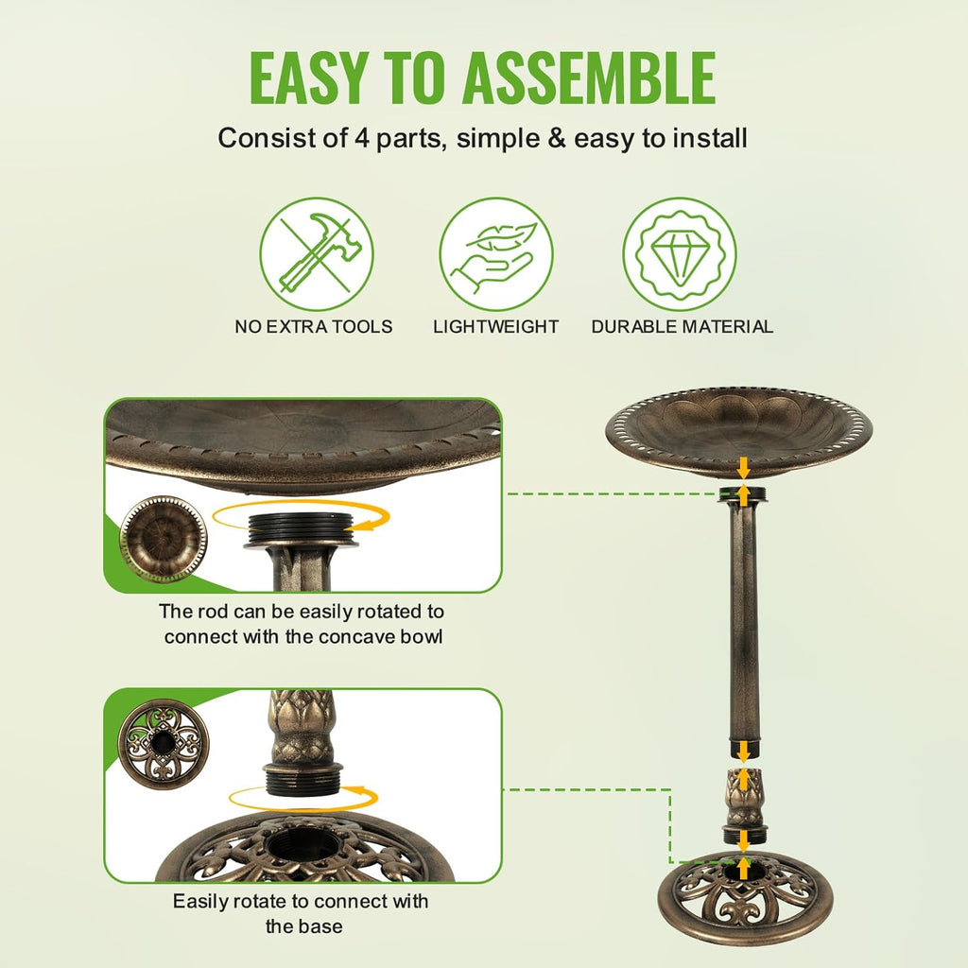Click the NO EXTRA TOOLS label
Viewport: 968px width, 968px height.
(314, 327)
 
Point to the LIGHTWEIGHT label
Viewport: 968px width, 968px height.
(496, 327)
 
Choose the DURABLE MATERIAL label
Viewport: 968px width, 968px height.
(682, 327)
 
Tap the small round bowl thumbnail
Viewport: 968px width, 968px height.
(163, 539)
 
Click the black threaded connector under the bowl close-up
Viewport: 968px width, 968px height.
(301, 529)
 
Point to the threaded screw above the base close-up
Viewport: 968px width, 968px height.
(302, 781)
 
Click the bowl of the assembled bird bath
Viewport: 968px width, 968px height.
(738, 430)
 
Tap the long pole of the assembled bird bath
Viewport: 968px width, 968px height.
(744, 624)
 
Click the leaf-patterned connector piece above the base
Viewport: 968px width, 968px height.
(744, 799)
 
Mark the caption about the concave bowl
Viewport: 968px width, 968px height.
(302, 624)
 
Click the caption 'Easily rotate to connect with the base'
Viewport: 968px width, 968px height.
(302, 913)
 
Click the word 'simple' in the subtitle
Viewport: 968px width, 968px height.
(510, 138)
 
